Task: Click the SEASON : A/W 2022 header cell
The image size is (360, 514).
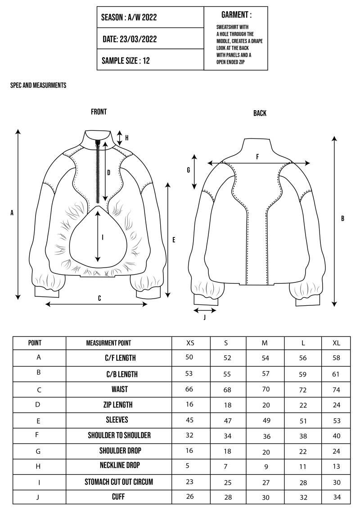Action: click(x=129, y=18)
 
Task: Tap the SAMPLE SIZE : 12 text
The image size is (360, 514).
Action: click(x=126, y=61)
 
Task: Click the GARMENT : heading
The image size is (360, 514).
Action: click(x=236, y=15)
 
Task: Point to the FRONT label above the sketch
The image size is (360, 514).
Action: click(x=99, y=112)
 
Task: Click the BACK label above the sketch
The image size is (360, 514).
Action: click(x=260, y=113)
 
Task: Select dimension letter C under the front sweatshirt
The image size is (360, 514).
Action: click(x=99, y=298)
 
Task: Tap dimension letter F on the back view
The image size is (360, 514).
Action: click(x=257, y=157)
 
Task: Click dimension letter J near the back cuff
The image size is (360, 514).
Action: click(x=205, y=317)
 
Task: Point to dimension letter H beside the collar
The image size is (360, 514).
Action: click(x=127, y=138)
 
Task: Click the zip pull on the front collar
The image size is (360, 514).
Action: click(x=98, y=143)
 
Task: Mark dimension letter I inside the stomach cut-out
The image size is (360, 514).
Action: click(x=103, y=237)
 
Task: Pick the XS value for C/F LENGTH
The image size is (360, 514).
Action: click(x=189, y=357)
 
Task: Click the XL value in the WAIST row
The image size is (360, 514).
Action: click(x=337, y=390)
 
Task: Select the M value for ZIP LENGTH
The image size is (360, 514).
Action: click(x=266, y=405)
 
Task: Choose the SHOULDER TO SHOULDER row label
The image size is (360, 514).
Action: click(x=119, y=435)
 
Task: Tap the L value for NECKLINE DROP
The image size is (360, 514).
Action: click(x=303, y=467)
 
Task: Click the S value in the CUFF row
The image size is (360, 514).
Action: click(x=228, y=497)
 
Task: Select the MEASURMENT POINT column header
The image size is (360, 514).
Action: click(x=108, y=343)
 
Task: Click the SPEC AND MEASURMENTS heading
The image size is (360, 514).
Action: click(x=38, y=85)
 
